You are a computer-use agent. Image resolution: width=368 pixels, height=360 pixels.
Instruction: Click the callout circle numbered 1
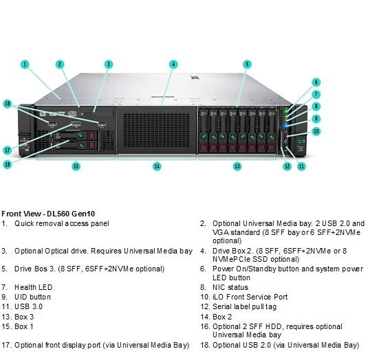click(x=25, y=64)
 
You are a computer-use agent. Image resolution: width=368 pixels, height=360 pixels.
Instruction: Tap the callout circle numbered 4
click(x=173, y=64)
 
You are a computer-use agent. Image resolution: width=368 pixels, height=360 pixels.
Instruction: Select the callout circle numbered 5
click(x=247, y=64)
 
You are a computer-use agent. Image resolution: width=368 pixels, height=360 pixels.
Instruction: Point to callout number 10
click(x=316, y=131)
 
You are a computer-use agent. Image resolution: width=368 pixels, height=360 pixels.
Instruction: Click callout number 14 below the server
click(x=157, y=166)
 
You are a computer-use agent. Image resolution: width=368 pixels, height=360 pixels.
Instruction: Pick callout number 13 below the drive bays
click(x=237, y=166)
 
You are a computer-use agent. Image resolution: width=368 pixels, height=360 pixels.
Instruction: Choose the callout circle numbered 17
click(x=8, y=150)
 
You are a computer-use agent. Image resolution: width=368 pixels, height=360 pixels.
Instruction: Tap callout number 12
click(x=288, y=166)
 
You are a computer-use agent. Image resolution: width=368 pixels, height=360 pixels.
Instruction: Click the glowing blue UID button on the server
click(x=285, y=126)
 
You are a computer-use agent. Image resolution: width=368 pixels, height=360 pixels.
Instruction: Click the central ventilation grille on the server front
click(x=156, y=131)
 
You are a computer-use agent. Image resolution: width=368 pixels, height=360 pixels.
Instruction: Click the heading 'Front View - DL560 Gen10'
click(x=48, y=214)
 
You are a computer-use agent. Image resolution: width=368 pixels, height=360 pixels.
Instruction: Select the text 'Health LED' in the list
click(x=33, y=287)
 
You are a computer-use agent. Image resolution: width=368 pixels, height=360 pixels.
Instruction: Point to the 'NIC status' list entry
click(x=230, y=287)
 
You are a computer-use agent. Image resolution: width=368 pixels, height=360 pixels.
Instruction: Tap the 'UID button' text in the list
click(x=32, y=297)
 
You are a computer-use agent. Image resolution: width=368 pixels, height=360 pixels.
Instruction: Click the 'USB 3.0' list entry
click(x=29, y=306)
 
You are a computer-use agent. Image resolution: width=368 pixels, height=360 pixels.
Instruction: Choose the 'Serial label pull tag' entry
click(x=245, y=306)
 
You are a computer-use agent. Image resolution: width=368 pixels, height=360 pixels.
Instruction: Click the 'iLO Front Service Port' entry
click(x=250, y=297)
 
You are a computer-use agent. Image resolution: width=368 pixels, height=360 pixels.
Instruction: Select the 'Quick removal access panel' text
click(x=62, y=223)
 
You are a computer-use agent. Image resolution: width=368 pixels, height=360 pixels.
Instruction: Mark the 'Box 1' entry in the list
click(x=24, y=326)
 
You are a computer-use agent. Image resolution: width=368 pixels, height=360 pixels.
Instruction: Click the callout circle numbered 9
click(x=316, y=119)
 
